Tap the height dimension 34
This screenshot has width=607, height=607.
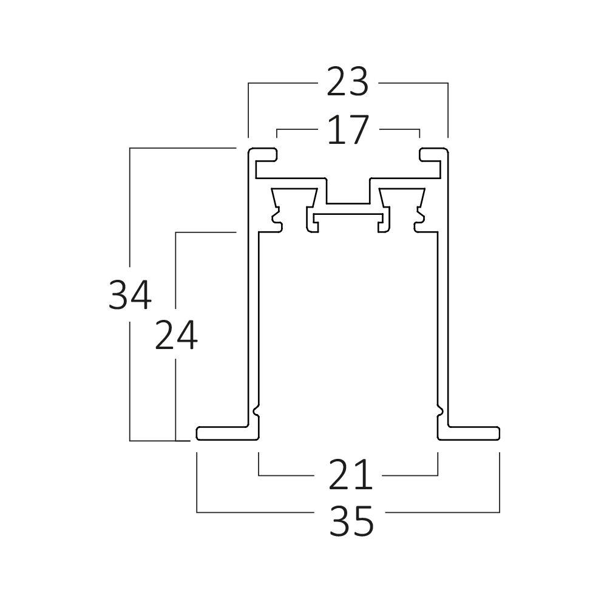coord(129,294)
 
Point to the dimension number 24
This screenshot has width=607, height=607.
coord(175,336)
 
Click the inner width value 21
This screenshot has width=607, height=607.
coord(350,475)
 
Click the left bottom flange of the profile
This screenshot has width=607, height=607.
coord(225,433)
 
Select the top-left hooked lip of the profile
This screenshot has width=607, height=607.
coord(262,154)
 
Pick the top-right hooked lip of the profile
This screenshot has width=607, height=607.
coord(433,154)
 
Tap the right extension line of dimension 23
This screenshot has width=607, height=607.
coord(447,109)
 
